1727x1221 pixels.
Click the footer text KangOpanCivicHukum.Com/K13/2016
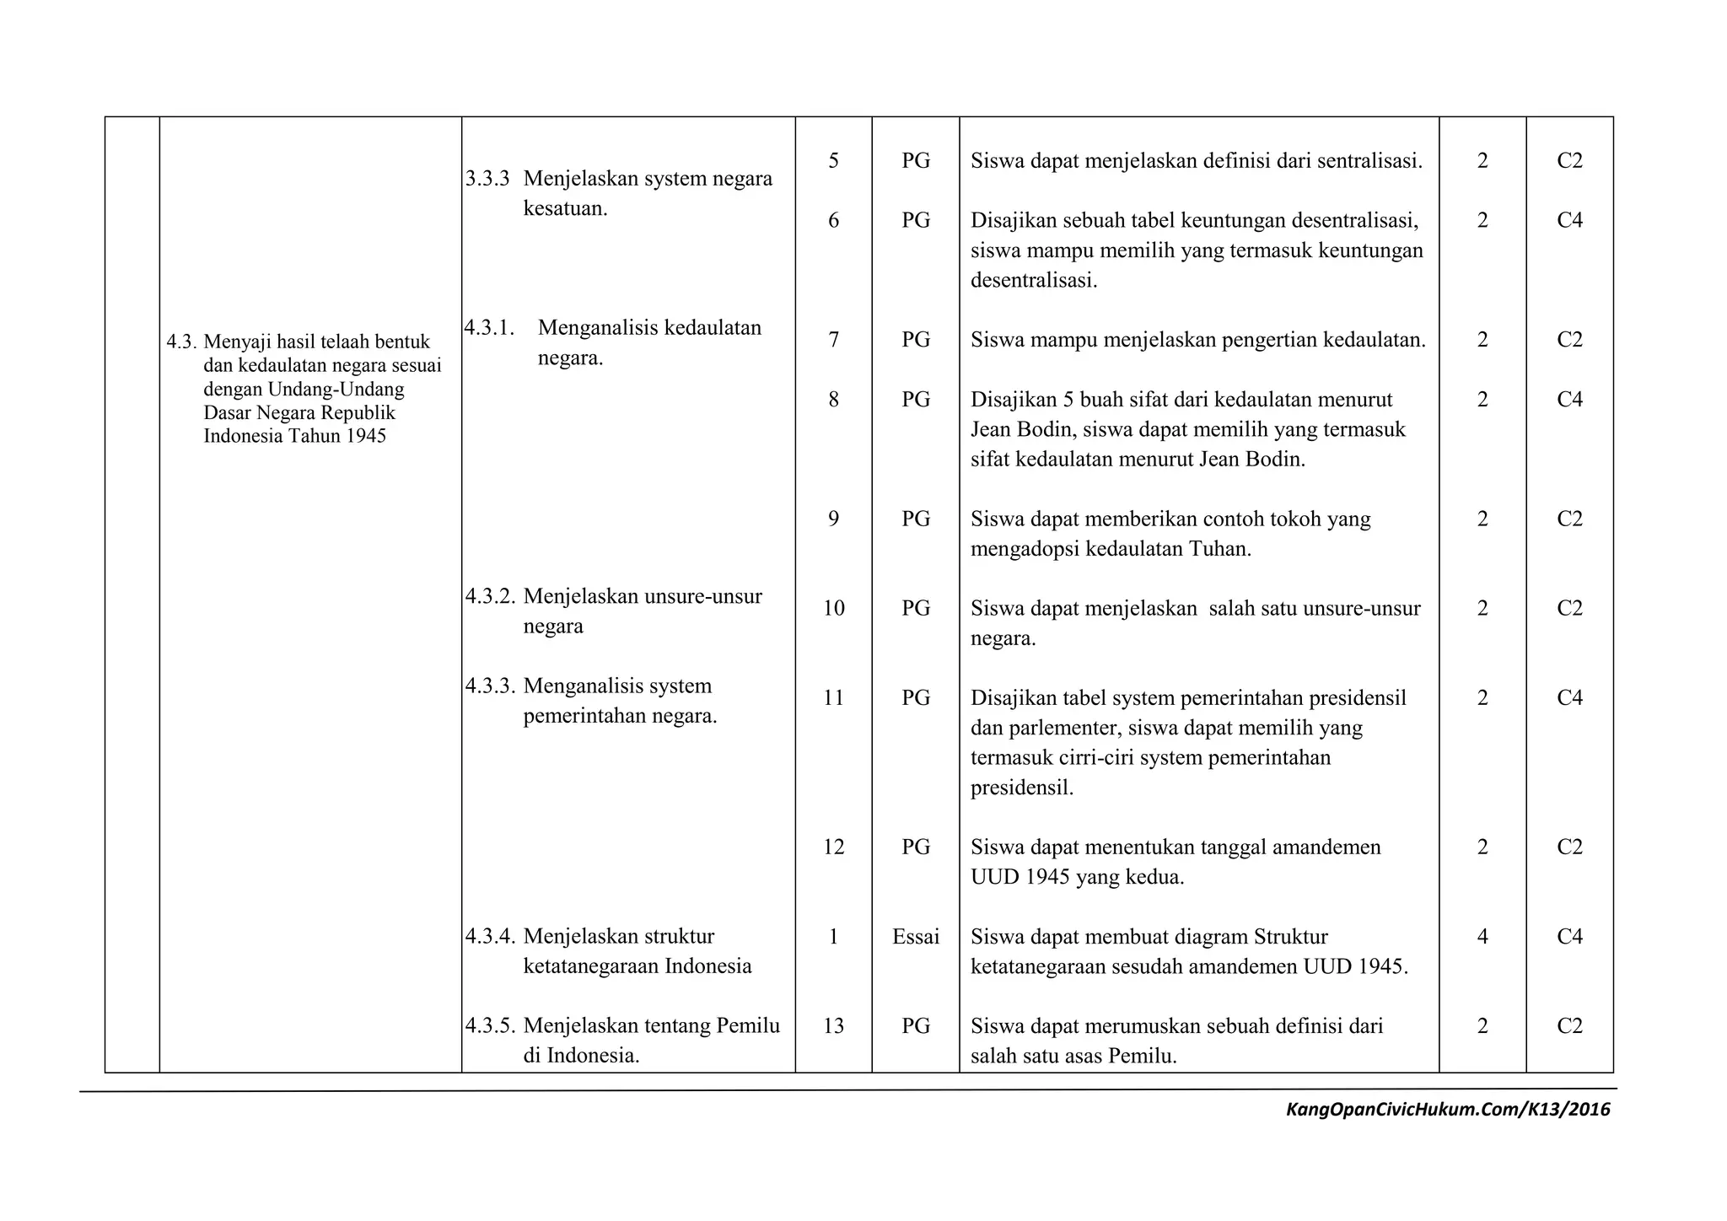pyautogui.click(x=1447, y=1109)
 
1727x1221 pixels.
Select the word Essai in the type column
pyautogui.click(x=916, y=936)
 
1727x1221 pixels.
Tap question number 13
pyautogui.click(x=833, y=1025)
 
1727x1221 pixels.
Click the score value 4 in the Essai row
pyautogui.click(x=1482, y=936)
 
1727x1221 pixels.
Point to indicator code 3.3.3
pyautogui.click(x=487, y=179)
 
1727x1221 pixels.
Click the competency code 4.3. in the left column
pyautogui.click(x=181, y=342)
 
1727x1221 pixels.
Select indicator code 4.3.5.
pyautogui.click(x=490, y=1025)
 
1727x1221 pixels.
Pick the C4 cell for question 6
pyautogui.click(x=1569, y=220)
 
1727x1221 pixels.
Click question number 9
pyautogui.click(x=833, y=519)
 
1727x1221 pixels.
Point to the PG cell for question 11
pyautogui.click(x=916, y=697)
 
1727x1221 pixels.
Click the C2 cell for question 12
pyautogui.click(x=1569, y=847)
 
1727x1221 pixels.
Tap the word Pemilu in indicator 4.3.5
pyautogui.click(x=748, y=1025)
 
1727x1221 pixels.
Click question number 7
pyautogui.click(x=833, y=340)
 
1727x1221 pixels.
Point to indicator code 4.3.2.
pyautogui.click(x=490, y=596)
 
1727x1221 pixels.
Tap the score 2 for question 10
pyautogui.click(x=1482, y=608)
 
